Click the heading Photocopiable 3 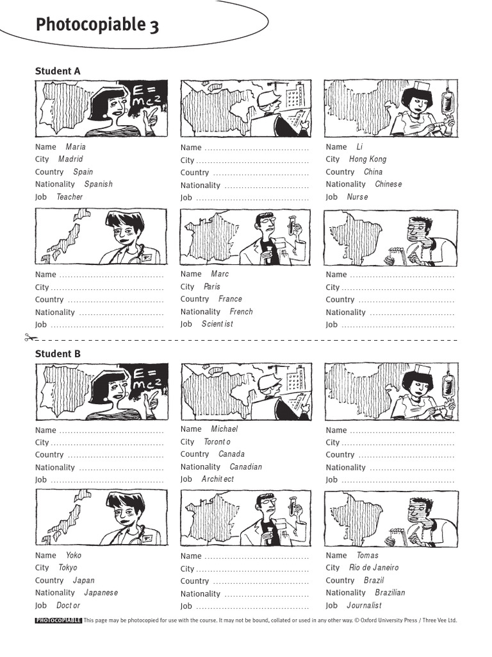(97, 25)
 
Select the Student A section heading (58, 71)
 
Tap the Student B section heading (58, 354)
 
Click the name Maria (76, 147)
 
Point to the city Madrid (70, 159)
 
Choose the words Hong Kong (368, 159)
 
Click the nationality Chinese (388, 184)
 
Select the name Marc (219, 274)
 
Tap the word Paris (211, 287)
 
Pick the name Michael (224, 429)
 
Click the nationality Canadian (245, 467)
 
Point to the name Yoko (74, 556)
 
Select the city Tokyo (67, 568)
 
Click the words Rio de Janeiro (373, 568)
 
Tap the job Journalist (364, 606)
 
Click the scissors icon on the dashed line (29, 337)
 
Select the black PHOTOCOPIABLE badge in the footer (58, 620)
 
